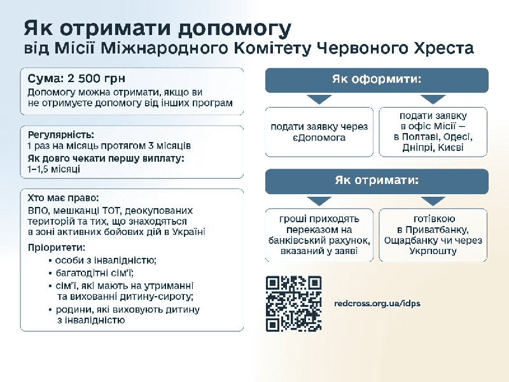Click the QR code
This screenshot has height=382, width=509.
pyautogui.click(x=294, y=304)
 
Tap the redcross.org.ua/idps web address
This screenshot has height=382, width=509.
pyautogui.click(x=377, y=304)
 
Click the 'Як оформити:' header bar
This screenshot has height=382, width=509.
pyautogui.click(x=377, y=80)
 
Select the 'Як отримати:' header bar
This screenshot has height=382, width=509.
pyautogui.click(x=377, y=181)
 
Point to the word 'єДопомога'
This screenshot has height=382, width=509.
pyautogui.click(x=319, y=138)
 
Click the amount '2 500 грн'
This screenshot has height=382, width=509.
pyautogui.click(x=97, y=78)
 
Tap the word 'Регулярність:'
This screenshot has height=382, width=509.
pyautogui.click(x=61, y=135)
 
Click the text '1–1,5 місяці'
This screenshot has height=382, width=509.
pyautogui.click(x=54, y=169)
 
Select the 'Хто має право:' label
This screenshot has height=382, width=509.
pyautogui.click(x=63, y=198)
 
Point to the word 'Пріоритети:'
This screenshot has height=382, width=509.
pyautogui.click(x=57, y=248)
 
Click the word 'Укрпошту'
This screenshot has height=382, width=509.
pyautogui.click(x=433, y=251)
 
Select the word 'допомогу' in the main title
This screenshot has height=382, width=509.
pyautogui.click(x=234, y=29)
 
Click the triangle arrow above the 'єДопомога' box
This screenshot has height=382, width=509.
pyautogui.click(x=319, y=99)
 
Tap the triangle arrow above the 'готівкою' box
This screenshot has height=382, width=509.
pyautogui.click(x=433, y=201)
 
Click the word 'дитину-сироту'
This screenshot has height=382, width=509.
pyautogui.click(x=157, y=297)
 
